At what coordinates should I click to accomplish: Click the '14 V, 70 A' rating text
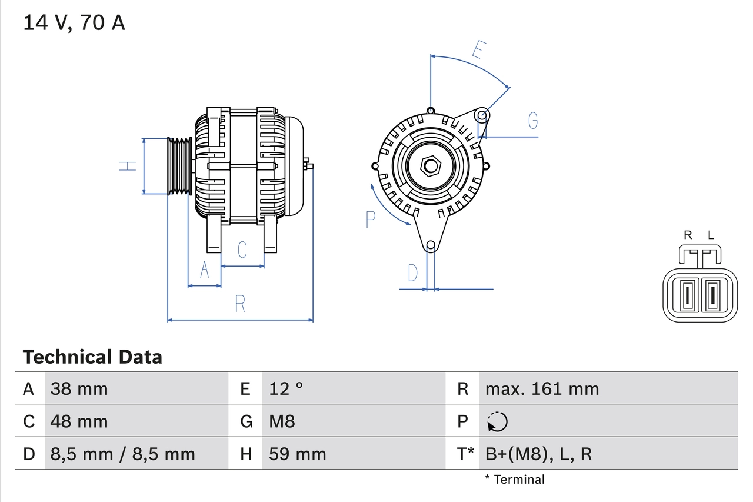tap(74, 23)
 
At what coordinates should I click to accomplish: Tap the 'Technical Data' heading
tap(92, 357)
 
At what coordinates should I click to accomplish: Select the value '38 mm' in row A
tap(79, 388)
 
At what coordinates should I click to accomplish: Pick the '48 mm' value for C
tap(79, 421)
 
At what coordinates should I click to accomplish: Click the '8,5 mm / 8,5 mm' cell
tap(122, 454)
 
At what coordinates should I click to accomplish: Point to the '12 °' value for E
tap(286, 388)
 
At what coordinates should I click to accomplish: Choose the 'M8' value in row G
tap(282, 421)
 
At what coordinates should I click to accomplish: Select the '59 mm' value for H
tap(297, 454)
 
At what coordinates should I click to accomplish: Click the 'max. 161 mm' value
tap(542, 388)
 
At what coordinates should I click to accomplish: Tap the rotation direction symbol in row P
tap(497, 421)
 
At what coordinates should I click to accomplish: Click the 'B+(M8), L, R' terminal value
tap(538, 454)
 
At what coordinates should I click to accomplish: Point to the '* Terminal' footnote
tap(515, 480)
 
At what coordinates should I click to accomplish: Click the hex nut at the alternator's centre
tap(431, 166)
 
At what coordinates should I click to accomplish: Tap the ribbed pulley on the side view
tap(179, 166)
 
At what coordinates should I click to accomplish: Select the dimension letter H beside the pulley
tap(128, 166)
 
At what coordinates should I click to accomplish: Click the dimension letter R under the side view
tap(240, 304)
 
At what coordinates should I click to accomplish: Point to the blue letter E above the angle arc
tap(478, 51)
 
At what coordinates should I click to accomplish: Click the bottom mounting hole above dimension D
tap(431, 245)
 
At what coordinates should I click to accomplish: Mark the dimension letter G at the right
tap(532, 121)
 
